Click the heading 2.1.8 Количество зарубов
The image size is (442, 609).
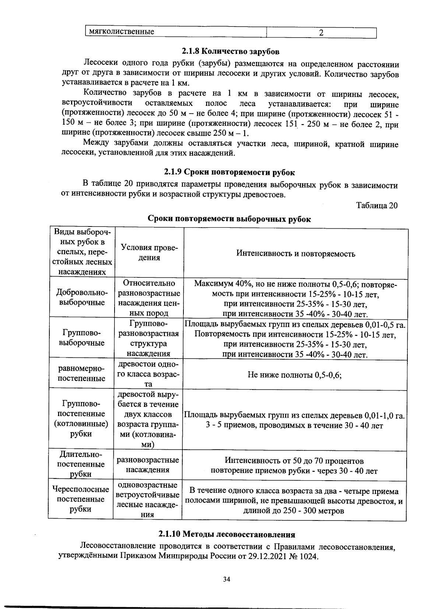point(230,51)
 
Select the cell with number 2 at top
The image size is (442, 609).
point(321,33)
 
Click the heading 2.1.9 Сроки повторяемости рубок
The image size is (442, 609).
point(229,172)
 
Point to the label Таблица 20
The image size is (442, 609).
point(377,205)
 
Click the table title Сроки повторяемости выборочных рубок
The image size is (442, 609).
point(229,219)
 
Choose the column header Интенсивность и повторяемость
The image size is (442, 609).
point(295,253)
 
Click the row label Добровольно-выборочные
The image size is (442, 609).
point(82,297)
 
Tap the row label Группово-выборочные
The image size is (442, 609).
point(82,338)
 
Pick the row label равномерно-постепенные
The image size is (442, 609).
point(82,373)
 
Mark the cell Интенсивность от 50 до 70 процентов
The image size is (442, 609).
point(294,461)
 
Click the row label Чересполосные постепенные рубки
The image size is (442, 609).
point(81,499)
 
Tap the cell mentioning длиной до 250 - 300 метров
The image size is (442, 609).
point(294,511)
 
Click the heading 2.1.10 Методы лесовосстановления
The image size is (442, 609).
point(227,534)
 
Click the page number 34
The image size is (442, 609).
point(227,579)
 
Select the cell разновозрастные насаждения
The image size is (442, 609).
point(148,465)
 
